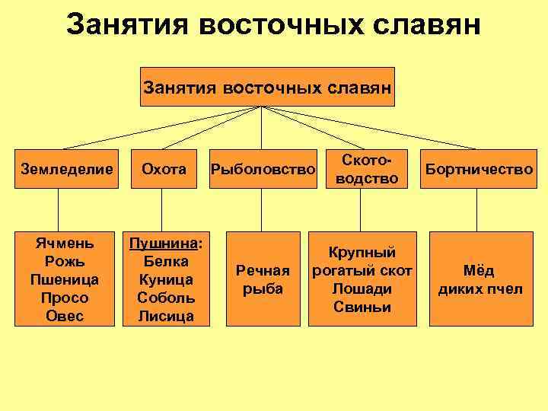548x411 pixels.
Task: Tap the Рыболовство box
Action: [x=263, y=169]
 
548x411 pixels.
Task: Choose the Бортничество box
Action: [x=479, y=169]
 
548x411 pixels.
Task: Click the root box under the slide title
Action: [x=268, y=88]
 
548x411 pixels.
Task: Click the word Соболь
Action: [x=166, y=298]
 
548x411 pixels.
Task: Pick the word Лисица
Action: [x=166, y=316]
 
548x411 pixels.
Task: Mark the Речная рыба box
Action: [x=263, y=279]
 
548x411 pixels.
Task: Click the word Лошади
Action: [x=362, y=288]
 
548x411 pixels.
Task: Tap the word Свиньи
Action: [x=362, y=307]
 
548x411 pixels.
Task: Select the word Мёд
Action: [x=479, y=270]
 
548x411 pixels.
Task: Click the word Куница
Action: [x=166, y=279]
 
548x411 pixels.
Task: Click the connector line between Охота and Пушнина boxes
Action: [x=161, y=210]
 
